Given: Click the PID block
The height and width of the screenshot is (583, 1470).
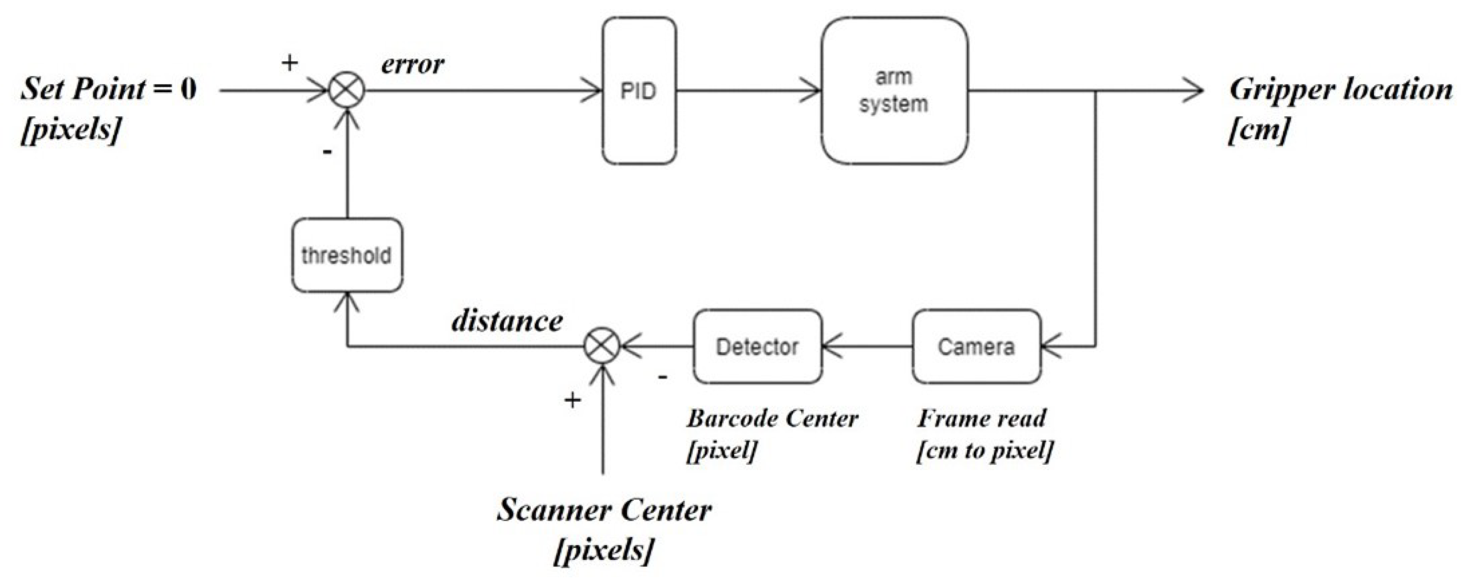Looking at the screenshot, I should pyautogui.click(x=639, y=91).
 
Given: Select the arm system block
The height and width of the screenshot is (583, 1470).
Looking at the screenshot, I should pyautogui.click(x=894, y=91).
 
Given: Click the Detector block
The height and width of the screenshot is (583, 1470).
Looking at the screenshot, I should pyautogui.click(x=757, y=346).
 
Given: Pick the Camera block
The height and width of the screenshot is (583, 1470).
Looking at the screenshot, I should pyautogui.click(x=976, y=346).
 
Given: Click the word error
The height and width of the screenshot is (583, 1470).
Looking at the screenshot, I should pyautogui.click(x=412, y=64).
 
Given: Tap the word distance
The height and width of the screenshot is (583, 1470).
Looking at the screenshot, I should pyautogui.click(x=507, y=321).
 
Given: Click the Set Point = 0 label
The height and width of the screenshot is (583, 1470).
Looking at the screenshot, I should pyautogui.click(x=108, y=89).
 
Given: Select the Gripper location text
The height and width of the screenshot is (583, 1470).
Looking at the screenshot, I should pyautogui.click(x=1340, y=90).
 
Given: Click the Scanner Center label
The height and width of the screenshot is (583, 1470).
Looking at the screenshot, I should pyautogui.click(x=604, y=510).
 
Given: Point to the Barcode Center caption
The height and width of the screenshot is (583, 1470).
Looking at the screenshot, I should pyautogui.click(x=771, y=418).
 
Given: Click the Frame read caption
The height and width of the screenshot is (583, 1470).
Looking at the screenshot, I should pyautogui.click(x=981, y=418).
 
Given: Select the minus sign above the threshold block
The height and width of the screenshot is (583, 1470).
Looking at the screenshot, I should pyautogui.click(x=327, y=153).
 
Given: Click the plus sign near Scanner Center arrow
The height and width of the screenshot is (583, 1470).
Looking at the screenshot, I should pyautogui.click(x=572, y=400).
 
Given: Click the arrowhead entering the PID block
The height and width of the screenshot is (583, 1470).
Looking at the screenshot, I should pyautogui.click(x=594, y=91).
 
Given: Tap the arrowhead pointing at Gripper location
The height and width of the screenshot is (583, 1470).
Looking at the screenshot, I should pyautogui.click(x=1194, y=91).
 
